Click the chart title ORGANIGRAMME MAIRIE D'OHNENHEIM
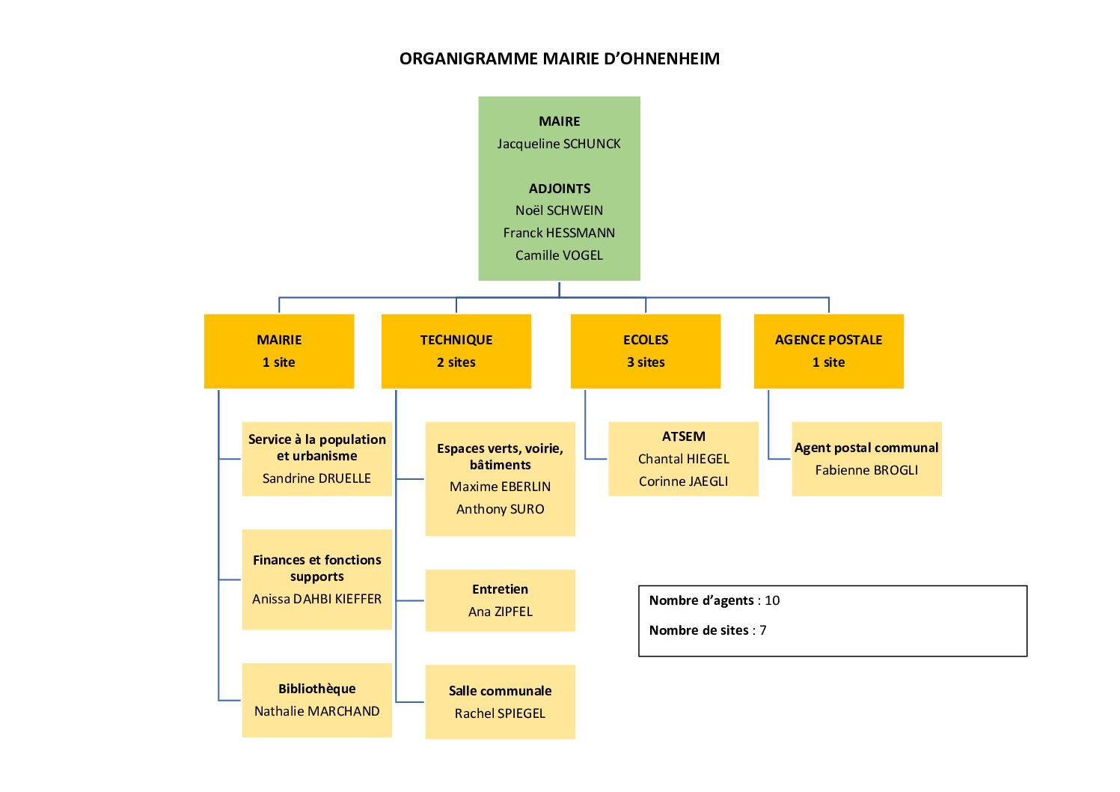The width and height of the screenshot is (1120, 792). [559, 58]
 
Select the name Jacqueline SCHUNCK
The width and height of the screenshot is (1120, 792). [559, 144]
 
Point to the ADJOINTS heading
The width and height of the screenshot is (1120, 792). [559, 189]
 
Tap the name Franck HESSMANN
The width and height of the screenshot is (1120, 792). [559, 233]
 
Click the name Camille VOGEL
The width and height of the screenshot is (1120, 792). [559, 255]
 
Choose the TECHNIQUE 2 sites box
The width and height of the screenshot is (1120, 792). [456, 351]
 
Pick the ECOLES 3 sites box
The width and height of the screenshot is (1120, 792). [646, 351]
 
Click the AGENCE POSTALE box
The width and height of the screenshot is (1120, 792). [828, 351]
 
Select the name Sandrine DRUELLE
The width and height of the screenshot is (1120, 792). [316, 478]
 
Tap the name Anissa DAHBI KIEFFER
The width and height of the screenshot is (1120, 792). [316, 599]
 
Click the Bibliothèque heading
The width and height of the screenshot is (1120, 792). [316, 689]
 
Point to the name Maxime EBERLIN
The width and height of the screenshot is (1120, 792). [500, 487]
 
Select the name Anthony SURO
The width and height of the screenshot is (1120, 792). [500, 509]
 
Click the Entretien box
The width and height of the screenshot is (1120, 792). [500, 600]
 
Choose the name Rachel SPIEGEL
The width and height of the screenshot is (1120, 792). [500, 713]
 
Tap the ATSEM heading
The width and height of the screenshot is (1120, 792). [683, 436]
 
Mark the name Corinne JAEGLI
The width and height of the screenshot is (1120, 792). [683, 481]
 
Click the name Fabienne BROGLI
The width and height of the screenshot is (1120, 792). [866, 470]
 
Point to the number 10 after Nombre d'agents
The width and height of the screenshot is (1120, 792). [772, 600]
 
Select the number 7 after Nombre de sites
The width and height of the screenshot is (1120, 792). [763, 630]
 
